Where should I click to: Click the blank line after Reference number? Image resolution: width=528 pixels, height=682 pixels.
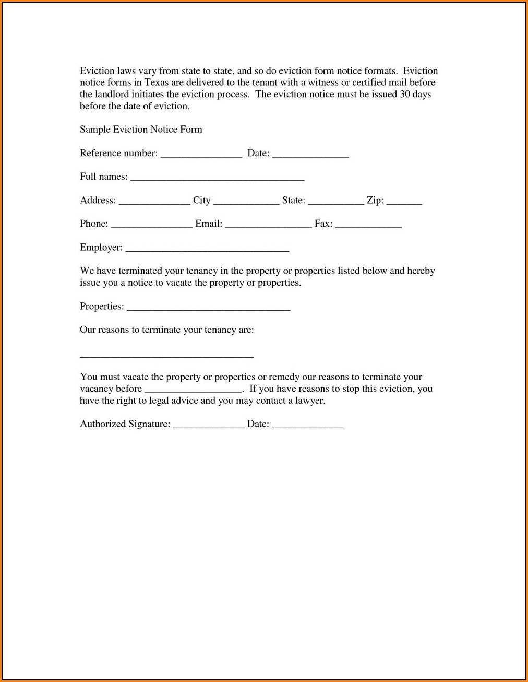pos(201,156)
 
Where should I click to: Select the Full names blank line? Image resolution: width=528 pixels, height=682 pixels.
pos(217,179)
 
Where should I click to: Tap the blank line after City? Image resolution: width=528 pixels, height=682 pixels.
pos(246,203)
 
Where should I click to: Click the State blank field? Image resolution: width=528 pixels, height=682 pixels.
pos(336,203)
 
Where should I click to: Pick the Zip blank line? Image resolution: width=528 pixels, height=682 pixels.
pos(404,203)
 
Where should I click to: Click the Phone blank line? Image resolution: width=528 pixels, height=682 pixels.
pos(152,226)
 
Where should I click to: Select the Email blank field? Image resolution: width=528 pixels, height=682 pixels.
pos(268,226)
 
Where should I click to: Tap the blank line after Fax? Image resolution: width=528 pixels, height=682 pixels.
pos(368,226)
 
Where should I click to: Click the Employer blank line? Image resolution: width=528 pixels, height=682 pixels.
pos(208,250)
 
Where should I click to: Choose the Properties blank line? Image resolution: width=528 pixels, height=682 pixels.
pos(209,309)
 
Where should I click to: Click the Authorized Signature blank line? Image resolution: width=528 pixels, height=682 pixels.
pos(209,427)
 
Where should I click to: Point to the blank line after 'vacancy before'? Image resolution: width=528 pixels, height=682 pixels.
pos(193,391)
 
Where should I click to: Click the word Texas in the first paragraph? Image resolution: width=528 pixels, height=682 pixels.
pos(157,83)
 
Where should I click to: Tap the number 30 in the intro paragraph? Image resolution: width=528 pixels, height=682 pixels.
pos(405,95)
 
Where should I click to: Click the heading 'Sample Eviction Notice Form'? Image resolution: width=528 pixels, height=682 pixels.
pos(141,130)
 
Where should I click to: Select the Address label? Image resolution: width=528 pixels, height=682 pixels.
pos(98,201)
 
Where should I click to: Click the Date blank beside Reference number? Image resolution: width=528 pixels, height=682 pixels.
pos(310,156)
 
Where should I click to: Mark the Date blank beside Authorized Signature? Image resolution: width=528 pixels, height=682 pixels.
pos(308,427)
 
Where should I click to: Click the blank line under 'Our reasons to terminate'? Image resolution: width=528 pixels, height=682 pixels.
pos(166,356)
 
